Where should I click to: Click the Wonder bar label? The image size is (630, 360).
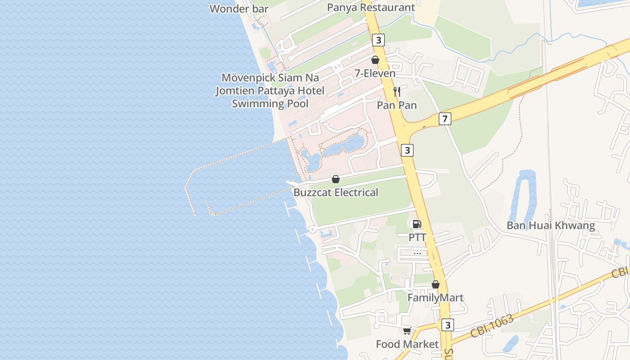pyautogui.click(x=239, y=9)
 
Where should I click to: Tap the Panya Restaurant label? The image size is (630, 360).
pyautogui.click(x=371, y=7)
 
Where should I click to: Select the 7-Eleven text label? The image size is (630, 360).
pyautogui.click(x=375, y=73)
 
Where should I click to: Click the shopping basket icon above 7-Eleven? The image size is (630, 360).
pyautogui.click(x=375, y=60)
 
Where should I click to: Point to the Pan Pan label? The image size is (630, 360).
pyautogui.click(x=397, y=105)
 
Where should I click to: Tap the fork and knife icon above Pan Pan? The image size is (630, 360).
pyautogui.click(x=397, y=92)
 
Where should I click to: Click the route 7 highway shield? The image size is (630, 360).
pyautogui.click(x=445, y=119)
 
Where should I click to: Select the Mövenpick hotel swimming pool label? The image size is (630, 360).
pyautogui.click(x=270, y=90)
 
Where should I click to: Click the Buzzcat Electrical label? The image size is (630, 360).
pyautogui.click(x=336, y=193)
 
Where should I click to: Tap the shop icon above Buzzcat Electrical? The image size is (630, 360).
pyautogui.click(x=336, y=179)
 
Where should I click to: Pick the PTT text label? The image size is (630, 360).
pyautogui.click(x=417, y=237)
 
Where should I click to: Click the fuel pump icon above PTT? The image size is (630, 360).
pyautogui.click(x=417, y=224)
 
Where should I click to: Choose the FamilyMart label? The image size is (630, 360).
pyautogui.click(x=435, y=298)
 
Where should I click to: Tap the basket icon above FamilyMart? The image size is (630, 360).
pyautogui.click(x=435, y=284)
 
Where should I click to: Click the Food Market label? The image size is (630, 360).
pyautogui.click(x=407, y=344)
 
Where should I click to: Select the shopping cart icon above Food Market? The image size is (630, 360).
pyautogui.click(x=407, y=331)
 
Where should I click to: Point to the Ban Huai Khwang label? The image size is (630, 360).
pyautogui.click(x=551, y=225)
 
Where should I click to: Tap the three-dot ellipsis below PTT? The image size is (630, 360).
pyautogui.click(x=417, y=253)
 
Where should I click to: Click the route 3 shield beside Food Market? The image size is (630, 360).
pyautogui.click(x=447, y=325)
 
